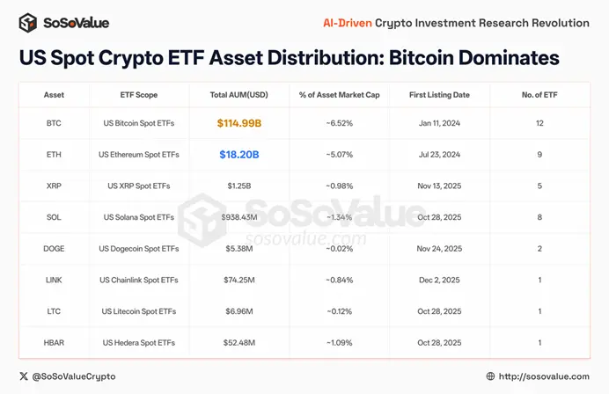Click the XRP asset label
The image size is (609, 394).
54,186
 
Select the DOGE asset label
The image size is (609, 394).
54,248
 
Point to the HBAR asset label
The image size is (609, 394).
54,343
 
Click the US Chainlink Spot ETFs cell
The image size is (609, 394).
140,280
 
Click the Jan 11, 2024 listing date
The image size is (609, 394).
440,123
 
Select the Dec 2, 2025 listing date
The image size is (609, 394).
440,280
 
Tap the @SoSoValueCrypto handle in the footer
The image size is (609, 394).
74,376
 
